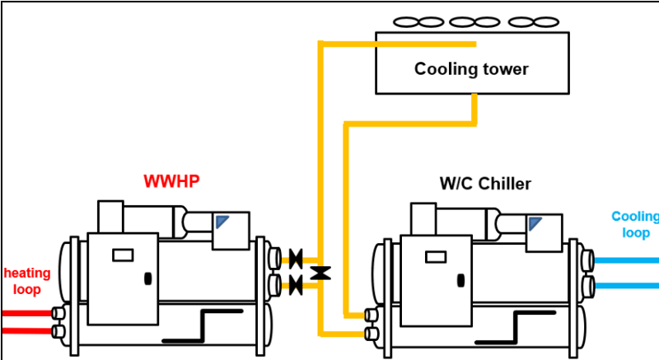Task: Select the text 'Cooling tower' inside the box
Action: [x=471, y=68]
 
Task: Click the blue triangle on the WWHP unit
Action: [x=223, y=222]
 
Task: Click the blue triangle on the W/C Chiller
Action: [x=535, y=222]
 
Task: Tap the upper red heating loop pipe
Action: [x=25, y=313]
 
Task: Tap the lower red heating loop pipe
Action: [x=25, y=330]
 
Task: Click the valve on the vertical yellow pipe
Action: [x=321, y=272]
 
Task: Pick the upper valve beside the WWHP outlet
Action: [x=296, y=258]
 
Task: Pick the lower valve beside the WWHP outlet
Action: [x=296, y=285]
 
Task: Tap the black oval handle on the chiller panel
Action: [x=459, y=278]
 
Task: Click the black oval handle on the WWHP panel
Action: [x=147, y=278]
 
